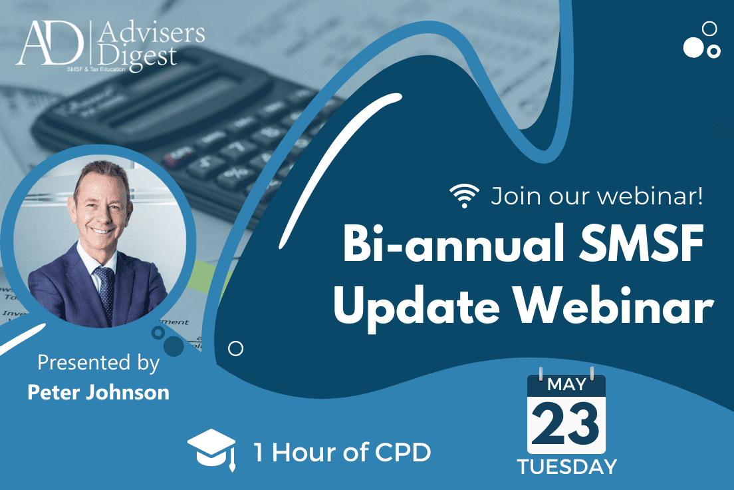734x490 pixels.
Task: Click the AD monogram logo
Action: click(x=50, y=43)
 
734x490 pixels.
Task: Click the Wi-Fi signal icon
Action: click(x=464, y=196)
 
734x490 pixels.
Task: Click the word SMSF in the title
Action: click(x=642, y=244)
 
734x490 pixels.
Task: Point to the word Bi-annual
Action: click(x=453, y=244)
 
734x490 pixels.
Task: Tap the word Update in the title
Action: click(x=416, y=308)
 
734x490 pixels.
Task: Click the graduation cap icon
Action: click(x=211, y=449)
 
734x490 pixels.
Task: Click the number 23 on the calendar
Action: click(x=565, y=424)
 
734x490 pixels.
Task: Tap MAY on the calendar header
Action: click(x=566, y=385)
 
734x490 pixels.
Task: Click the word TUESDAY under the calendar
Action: click(x=567, y=467)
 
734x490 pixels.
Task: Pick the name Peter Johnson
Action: click(x=98, y=393)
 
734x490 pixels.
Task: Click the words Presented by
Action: click(x=98, y=363)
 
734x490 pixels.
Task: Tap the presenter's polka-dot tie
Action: click(x=105, y=292)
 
